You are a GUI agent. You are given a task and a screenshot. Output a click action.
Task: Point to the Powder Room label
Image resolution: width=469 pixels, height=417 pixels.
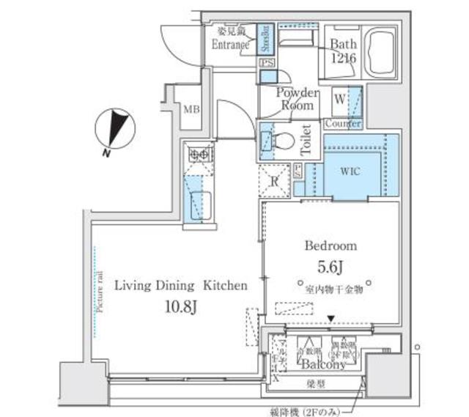pos(297,99)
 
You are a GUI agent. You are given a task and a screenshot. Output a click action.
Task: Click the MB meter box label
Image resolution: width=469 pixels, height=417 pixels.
pos(191,110)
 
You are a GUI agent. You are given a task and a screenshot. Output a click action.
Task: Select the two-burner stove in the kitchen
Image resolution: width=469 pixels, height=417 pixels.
pos(199,155)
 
